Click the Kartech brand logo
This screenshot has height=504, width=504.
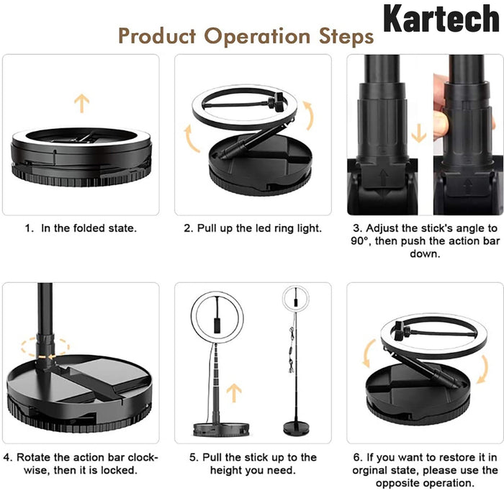tap(441, 18)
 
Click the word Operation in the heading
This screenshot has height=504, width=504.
tap(257, 37)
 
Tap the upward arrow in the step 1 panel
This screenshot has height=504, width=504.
tap(81, 103)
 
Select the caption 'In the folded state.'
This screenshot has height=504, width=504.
tap(89, 228)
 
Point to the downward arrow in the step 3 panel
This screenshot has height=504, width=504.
tap(419, 133)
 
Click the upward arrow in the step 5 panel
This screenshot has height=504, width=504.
tap(234, 393)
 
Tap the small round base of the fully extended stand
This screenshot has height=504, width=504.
tap(296, 428)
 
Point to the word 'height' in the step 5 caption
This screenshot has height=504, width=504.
tap(226, 470)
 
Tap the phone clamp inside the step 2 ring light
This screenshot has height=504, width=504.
tap(276, 102)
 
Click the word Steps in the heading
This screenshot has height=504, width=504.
tap(346, 37)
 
